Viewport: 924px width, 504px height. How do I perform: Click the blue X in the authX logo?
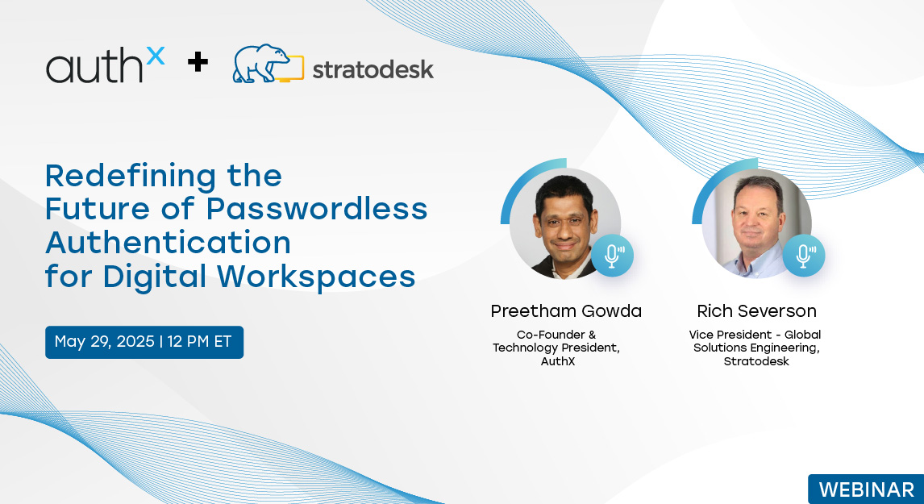click(156, 56)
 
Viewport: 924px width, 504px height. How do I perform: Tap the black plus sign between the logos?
click(198, 62)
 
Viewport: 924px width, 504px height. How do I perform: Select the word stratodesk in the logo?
click(373, 69)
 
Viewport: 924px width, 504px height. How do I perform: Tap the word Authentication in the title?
click(168, 243)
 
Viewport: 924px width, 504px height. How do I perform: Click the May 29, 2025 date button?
click(144, 342)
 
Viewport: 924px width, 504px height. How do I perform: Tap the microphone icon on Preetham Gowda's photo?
click(612, 256)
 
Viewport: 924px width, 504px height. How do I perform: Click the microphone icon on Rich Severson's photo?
click(804, 256)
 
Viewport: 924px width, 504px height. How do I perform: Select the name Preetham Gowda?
click(566, 311)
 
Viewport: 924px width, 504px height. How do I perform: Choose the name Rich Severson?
click(756, 311)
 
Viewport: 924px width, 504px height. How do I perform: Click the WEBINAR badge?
click(866, 489)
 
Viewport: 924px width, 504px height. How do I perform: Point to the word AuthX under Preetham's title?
click(557, 361)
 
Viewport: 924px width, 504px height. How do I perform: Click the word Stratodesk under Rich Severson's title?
click(756, 361)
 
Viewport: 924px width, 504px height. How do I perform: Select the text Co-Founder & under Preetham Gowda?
click(556, 335)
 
